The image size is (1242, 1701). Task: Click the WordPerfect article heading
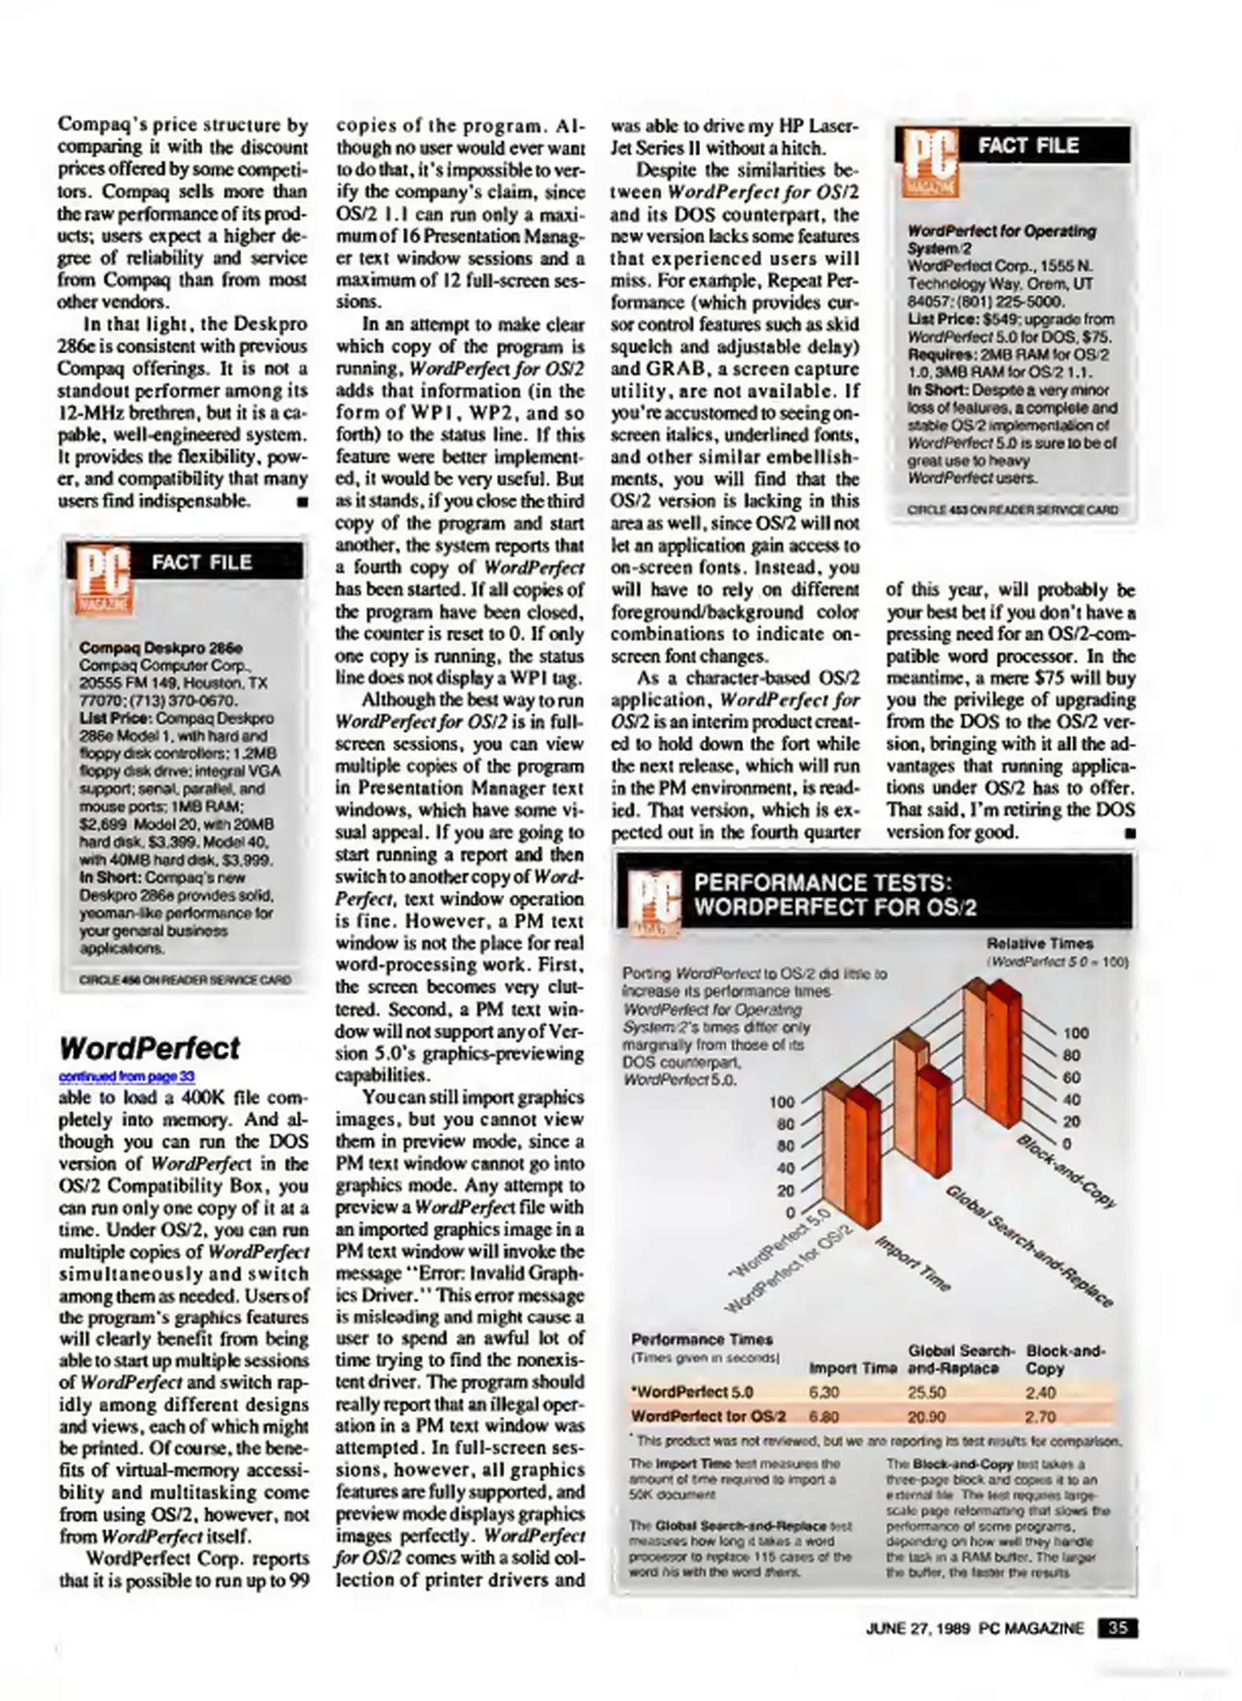[149, 1048]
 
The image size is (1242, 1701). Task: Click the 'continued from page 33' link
[127, 1076]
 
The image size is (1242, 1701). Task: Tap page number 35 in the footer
[1117, 1628]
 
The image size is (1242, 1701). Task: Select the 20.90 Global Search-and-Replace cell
[926, 1416]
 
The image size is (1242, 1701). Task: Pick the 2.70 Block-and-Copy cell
[1040, 1416]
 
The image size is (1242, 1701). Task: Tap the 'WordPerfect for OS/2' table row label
[708, 1416]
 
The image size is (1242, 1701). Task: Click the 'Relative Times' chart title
[1039, 943]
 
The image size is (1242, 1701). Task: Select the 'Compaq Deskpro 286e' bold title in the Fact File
[161, 647]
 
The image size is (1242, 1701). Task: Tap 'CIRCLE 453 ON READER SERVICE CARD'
[1012, 510]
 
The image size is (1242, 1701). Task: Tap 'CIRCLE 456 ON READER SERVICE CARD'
[185, 980]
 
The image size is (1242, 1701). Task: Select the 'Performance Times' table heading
[702, 1339]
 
